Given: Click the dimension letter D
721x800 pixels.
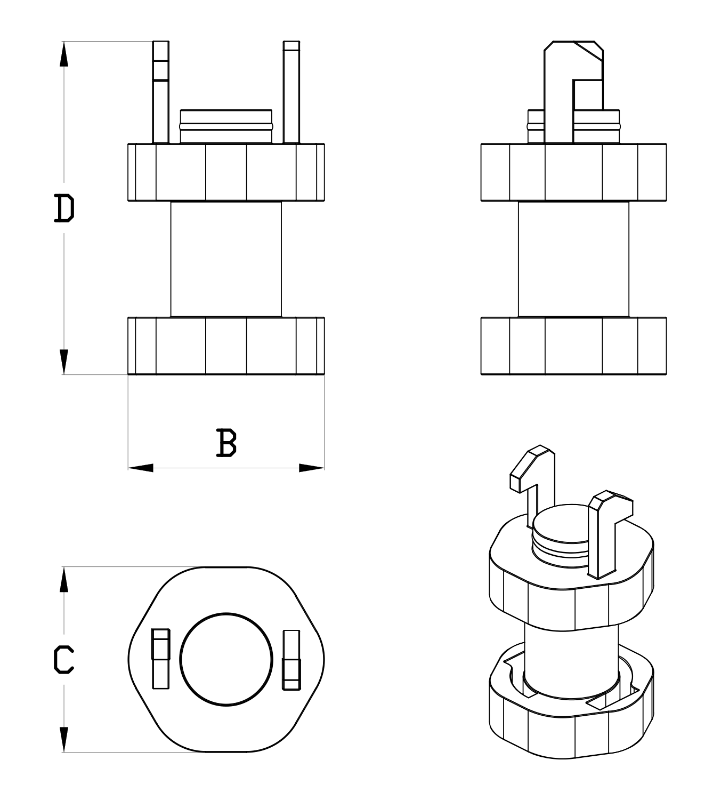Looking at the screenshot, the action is pos(64,208).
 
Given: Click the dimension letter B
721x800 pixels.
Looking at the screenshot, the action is pos(226,443).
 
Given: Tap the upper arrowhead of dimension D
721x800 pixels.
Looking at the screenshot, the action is pos(64,54).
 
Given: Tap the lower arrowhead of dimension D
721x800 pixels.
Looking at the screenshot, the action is pos(64,362).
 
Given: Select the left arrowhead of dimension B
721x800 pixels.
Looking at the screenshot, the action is pos(141,468).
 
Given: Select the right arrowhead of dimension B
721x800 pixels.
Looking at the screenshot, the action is pos(312,468).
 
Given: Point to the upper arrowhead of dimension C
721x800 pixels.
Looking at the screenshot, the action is pos(64,579).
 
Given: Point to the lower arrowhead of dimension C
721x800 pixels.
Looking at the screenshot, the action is pos(64,740).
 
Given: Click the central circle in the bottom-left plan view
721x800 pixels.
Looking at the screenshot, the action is pos(226,659).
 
